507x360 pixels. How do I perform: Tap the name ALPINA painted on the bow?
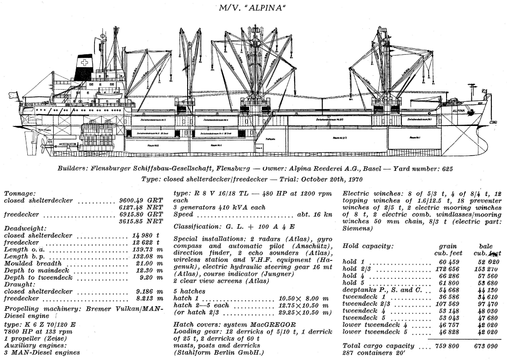click(458, 110)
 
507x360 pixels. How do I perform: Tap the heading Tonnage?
click(19, 194)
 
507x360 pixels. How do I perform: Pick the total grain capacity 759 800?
click(442, 346)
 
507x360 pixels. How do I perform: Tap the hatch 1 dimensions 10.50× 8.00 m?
click(303, 299)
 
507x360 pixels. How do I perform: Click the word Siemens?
click(357, 228)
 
